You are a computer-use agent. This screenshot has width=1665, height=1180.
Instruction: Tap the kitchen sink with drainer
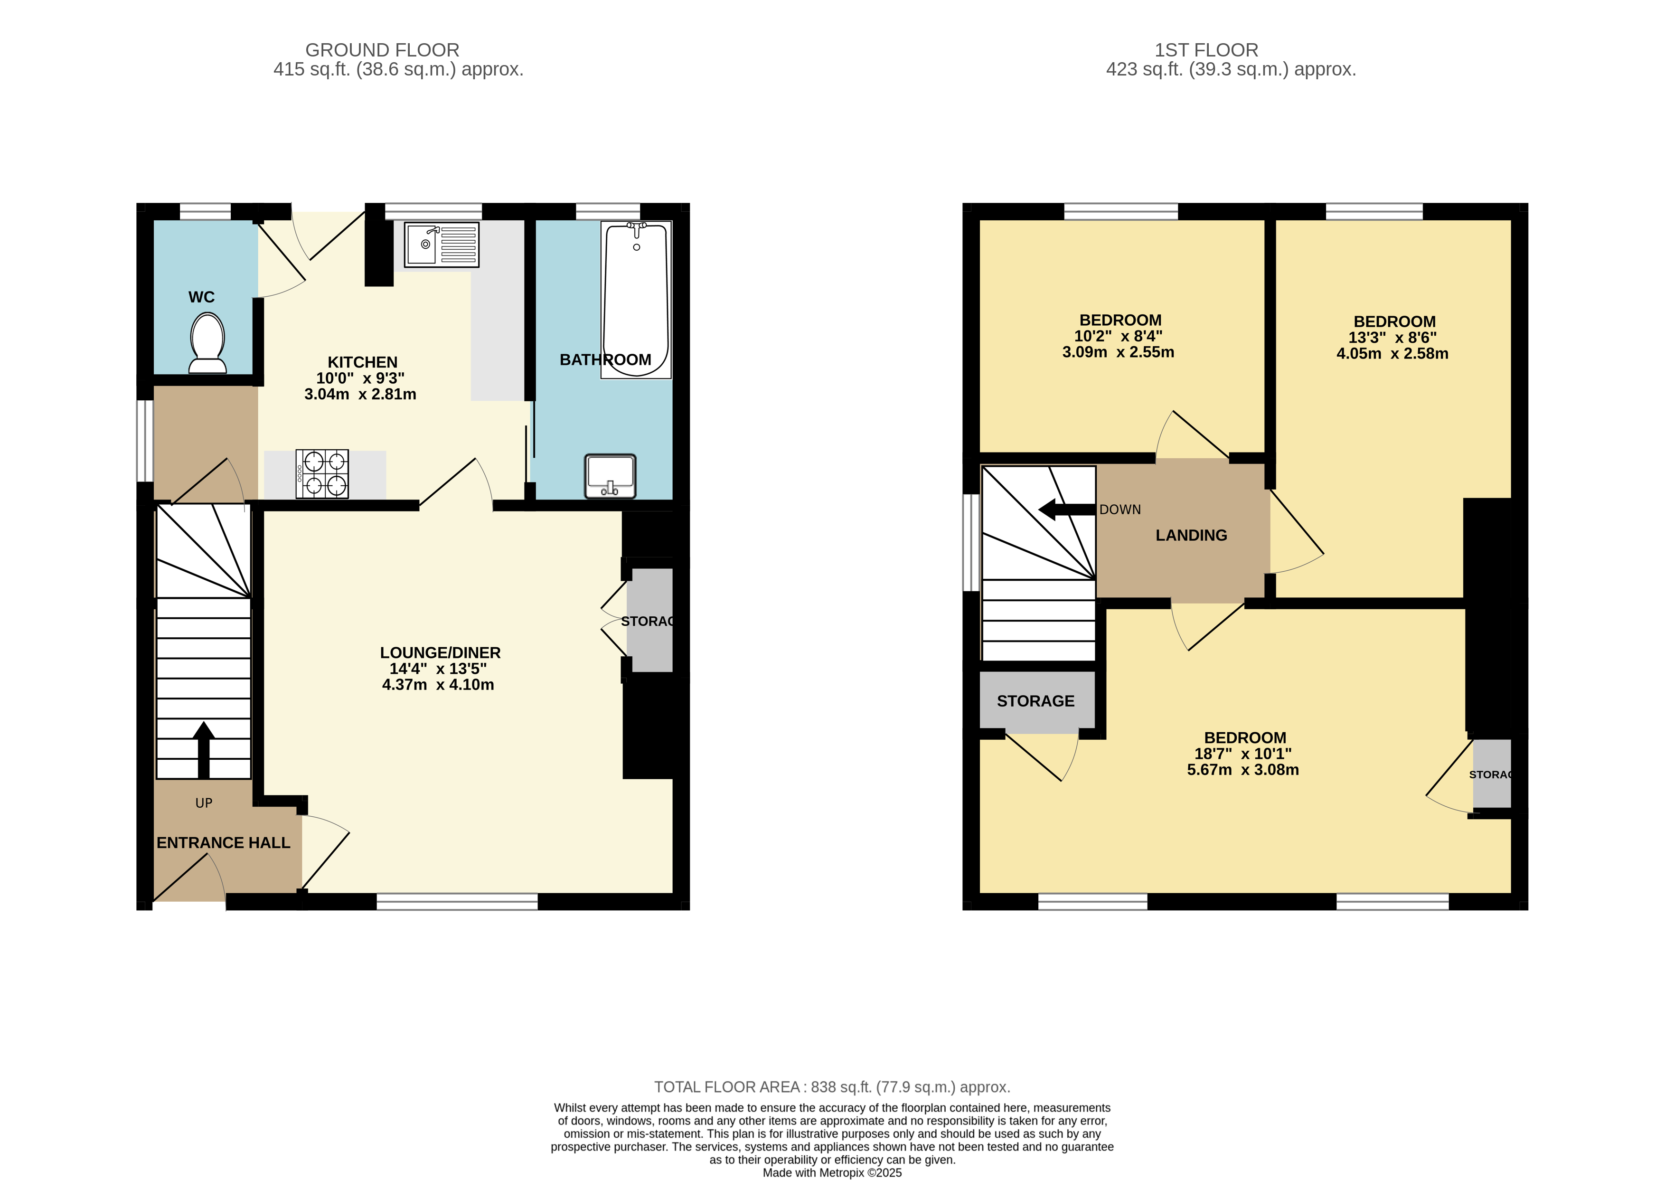pos(441,245)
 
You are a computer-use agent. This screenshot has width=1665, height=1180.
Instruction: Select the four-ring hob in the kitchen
pos(322,474)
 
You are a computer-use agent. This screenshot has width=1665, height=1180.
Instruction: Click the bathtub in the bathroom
pos(636,299)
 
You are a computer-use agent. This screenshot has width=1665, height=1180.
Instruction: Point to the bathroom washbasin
pos(610,476)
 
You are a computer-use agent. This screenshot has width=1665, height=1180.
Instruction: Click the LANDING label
pos(1191,536)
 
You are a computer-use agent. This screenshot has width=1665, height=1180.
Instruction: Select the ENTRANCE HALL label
pos(223,843)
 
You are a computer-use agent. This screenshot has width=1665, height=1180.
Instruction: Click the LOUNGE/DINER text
pos(440,652)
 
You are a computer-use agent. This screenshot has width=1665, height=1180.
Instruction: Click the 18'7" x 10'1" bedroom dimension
pos(1243,754)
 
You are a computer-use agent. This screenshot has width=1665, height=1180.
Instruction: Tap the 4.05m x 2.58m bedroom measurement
pos(1392,354)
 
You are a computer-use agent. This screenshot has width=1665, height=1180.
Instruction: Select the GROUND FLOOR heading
pos(382,50)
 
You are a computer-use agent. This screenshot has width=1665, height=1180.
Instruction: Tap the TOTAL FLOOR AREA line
pos(832,1087)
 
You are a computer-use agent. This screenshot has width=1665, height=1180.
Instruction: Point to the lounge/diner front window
pos(457,902)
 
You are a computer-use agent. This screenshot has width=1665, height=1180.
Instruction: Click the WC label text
pos(201,297)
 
